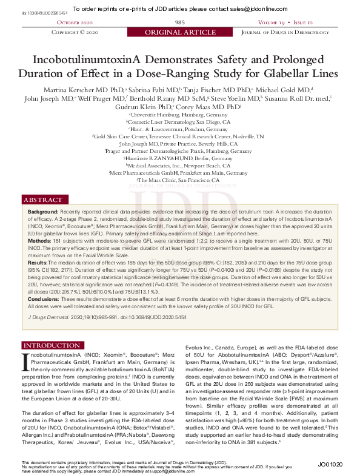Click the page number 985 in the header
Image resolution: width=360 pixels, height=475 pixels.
click(180, 22)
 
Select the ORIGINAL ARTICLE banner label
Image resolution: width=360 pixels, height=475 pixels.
click(179, 32)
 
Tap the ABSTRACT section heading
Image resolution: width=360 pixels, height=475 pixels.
click(42, 200)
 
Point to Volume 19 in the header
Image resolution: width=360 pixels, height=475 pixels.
click(273, 22)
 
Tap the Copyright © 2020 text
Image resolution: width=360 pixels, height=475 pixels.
click(76, 32)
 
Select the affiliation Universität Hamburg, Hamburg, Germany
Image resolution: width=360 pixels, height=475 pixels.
click(179, 113)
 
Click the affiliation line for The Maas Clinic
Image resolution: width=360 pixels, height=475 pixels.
click(179, 180)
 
